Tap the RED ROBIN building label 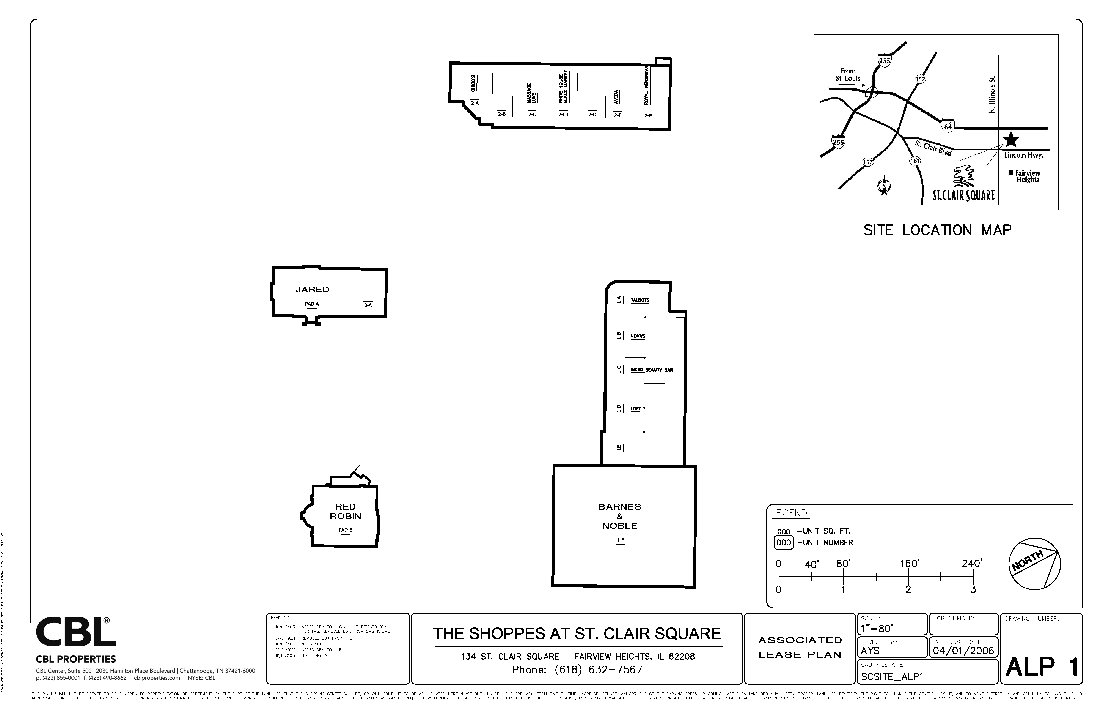point(346,511)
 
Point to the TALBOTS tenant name point(640,300)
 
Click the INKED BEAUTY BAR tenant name point(652,370)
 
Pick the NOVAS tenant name point(638,336)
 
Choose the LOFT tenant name point(636,409)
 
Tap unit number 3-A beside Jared point(368,305)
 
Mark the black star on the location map point(1011,140)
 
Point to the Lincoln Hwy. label point(1024,155)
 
